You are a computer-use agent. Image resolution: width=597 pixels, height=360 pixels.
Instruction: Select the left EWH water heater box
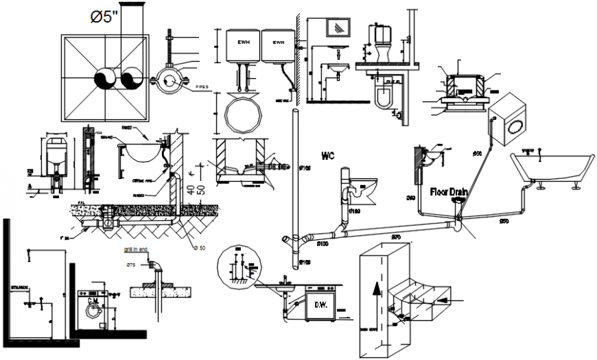click(243, 45)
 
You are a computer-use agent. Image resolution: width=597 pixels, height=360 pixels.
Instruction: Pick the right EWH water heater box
click(277, 45)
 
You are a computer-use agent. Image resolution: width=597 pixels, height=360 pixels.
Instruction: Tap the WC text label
click(327, 156)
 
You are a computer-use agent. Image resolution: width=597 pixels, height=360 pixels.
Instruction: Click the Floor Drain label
click(449, 192)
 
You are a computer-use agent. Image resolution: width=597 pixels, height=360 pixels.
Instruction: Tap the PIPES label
click(202, 87)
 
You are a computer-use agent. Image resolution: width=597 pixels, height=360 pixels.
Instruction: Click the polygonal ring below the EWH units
click(243, 115)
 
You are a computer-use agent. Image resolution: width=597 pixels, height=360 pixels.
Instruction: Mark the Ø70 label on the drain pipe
click(396, 237)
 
